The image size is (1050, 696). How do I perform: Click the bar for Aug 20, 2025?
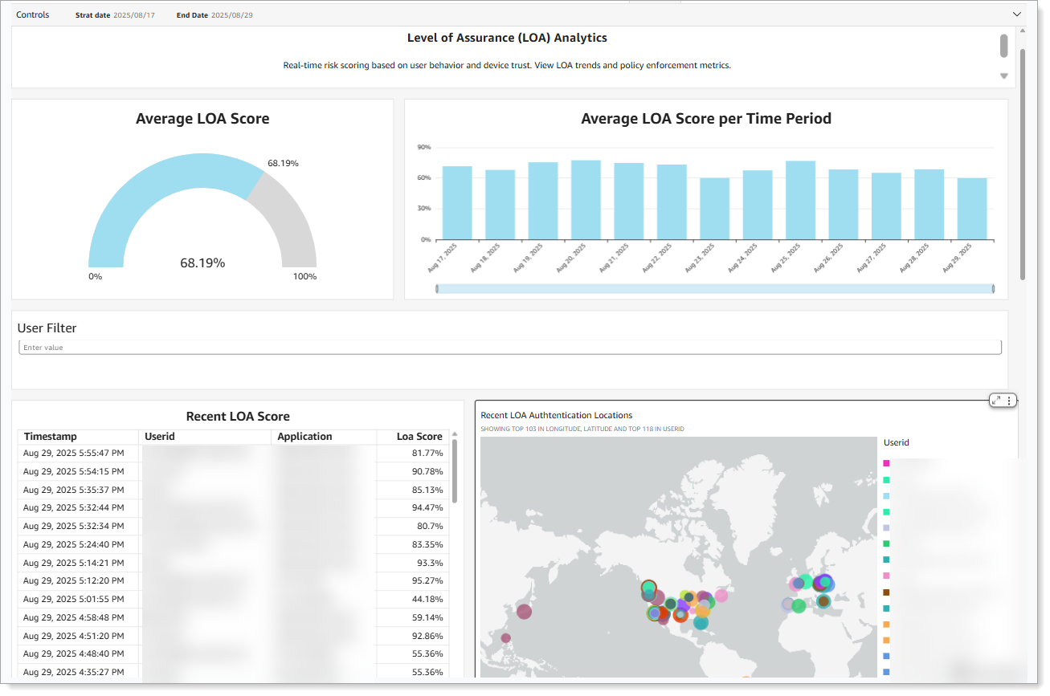click(x=586, y=200)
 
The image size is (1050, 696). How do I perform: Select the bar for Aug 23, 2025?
click(x=714, y=209)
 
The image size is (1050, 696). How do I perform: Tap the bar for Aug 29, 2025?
click(x=971, y=209)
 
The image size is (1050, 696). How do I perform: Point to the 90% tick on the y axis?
click(x=423, y=148)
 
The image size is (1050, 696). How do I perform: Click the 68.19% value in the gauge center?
click(x=202, y=263)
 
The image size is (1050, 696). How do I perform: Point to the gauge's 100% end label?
click(x=304, y=277)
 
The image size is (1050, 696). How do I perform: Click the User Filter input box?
click(x=510, y=348)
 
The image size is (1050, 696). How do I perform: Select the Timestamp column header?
click(x=51, y=437)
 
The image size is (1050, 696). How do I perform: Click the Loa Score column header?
click(x=419, y=437)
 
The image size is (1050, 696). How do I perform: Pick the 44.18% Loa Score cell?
click(x=427, y=599)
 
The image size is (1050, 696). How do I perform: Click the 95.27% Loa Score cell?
click(x=427, y=581)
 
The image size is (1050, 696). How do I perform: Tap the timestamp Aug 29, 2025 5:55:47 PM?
click(x=73, y=454)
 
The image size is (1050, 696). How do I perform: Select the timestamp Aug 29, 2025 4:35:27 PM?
click(x=73, y=672)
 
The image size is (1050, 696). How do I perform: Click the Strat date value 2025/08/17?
click(x=133, y=15)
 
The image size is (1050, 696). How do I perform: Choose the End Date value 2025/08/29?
click(x=231, y=15)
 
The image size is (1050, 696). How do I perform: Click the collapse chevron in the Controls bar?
click(x=1016, y=14)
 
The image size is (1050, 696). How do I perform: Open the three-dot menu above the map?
click(x=1010, y=400)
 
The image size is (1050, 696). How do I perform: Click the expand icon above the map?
click(x=996, y=400)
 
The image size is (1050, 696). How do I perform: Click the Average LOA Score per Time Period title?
click(x=705, y=119)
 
